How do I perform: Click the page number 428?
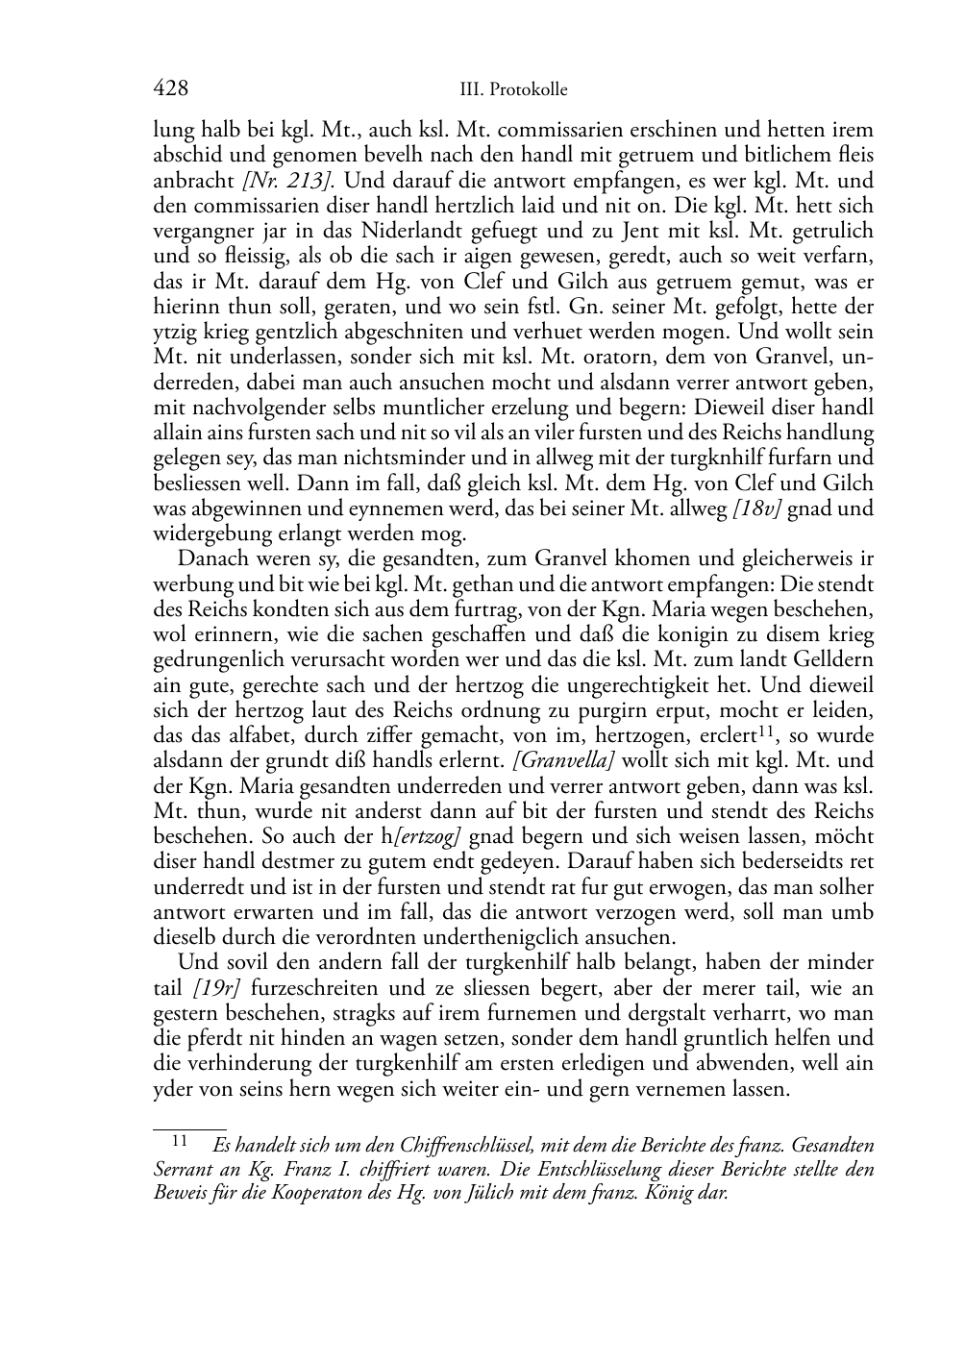170,89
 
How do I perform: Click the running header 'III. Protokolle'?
513,90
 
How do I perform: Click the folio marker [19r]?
216,988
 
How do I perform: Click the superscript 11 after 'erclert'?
761,732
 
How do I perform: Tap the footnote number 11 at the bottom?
180,1142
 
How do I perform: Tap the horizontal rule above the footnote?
189,1129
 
